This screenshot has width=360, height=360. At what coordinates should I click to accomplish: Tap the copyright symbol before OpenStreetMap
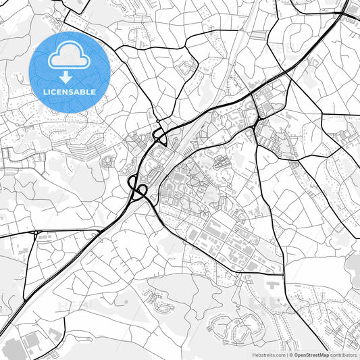[x=288, y=354]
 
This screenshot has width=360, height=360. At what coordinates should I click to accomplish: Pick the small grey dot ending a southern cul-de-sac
[x=126, y=301]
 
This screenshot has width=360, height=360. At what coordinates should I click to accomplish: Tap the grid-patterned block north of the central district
[x=220, y=161]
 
